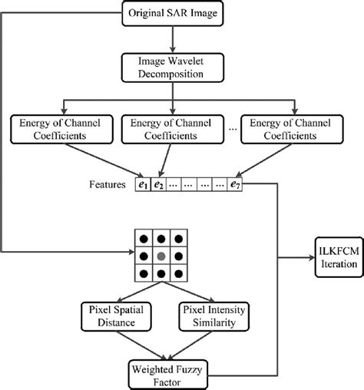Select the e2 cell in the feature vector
pos(159,184)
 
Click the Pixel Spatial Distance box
pos(117,316)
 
